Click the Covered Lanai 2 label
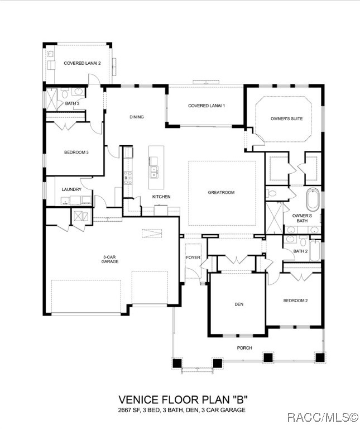[82, 63]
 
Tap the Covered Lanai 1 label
[206, 106]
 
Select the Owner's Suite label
[286, 118]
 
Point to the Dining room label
[137, 117]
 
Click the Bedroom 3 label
[76, 152]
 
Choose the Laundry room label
[71, 189]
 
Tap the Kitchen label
[161, 197]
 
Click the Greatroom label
[221, 192]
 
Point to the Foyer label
[193, 258]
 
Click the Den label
[239, 304]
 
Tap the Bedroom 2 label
[295, 301]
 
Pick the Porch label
[244, 347]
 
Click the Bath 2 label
[300, 251]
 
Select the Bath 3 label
[71, 103]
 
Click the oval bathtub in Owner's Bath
[313, 199]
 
